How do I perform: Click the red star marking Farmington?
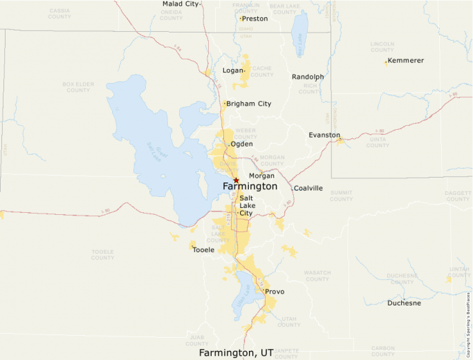coord(236,180)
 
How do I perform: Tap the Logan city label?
coord(233,70)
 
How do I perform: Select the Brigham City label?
coord(249,104)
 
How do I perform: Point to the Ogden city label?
coord(241,144)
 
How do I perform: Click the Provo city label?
coord(275,292)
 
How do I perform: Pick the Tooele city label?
coord(203,249)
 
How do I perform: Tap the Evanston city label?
coord(324,135)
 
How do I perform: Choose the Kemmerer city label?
coord(406,61)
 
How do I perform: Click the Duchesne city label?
coord(404,303)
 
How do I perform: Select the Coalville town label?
coord(308,188)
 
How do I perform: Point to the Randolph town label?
coord(308,77)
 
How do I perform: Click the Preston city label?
coord(254,19)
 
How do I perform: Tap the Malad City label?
coord(180,4)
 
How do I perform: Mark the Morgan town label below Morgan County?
coord(261,176)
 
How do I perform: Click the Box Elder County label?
coord(77,87)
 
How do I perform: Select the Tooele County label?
coord(102,254)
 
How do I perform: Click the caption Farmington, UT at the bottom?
coord(236,352)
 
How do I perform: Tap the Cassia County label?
coord(59,14)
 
